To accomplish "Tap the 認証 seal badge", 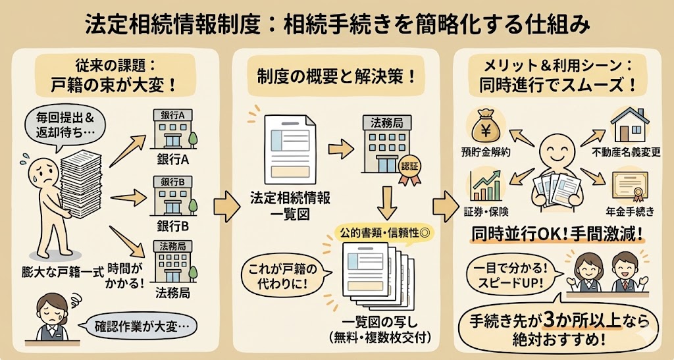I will pyautogui.click(x=409, y=166).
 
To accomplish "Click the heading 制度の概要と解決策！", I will pyautogui.click(x=336, y=76).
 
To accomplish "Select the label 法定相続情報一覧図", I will pyautogui.click(x=290, y=205).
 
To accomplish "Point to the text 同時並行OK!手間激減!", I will pyautogui.click(x=557, y=234).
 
